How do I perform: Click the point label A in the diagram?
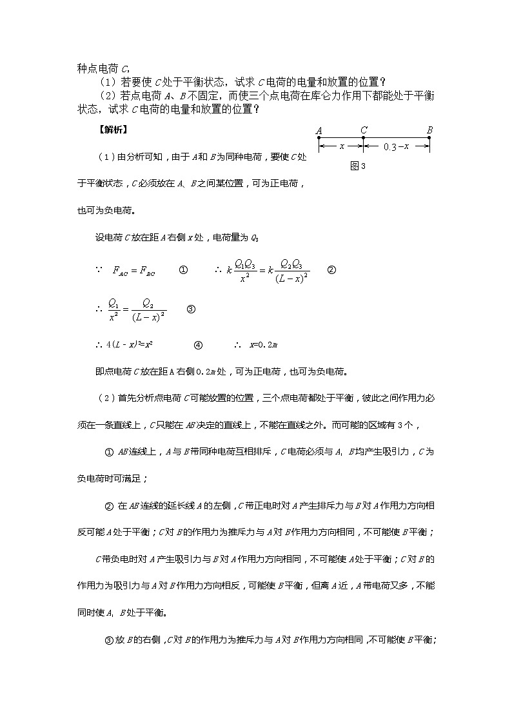click(319, 131)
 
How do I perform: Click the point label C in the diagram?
click(364, 131)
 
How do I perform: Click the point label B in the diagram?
click(429, 131)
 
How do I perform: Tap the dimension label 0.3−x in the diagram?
click(395, 147)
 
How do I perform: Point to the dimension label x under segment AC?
click(342, 147)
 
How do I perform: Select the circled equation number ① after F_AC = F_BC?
click(182, 271)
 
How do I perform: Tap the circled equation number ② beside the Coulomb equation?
click(331, 271)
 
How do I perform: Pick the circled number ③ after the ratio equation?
click(190, 309)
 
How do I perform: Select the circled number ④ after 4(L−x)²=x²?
click(198, 345)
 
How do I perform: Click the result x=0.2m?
click(262, 345)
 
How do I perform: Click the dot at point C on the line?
click(363, 138)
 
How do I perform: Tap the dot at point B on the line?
click(429, 138)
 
